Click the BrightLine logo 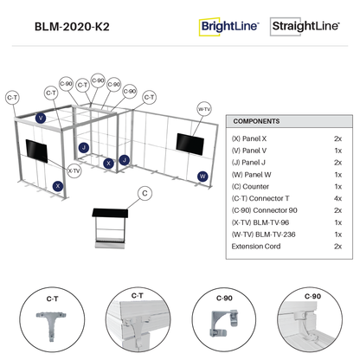[229, 27]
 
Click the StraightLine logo [305, 26]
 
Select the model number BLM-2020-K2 [72, 27]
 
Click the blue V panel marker [41, 118]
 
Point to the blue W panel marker [202, 177]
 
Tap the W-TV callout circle [204, 109]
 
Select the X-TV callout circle [74, 170]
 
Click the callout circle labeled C [145, 193]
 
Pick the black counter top [110, 213]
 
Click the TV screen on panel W [190, 145]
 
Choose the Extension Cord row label [256, 247]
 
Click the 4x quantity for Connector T [337, 198]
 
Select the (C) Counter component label [250, 187]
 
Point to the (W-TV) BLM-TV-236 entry [263, 235]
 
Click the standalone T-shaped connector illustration [51, 325]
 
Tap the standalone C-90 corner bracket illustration [224, 323]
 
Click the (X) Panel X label [249, 138]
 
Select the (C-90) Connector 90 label [264, 210]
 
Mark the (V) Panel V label [249, 151]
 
